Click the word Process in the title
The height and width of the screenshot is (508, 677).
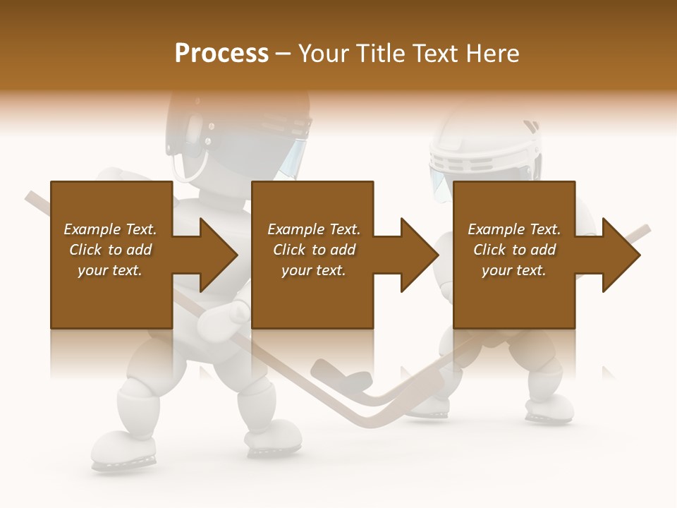[221, 54]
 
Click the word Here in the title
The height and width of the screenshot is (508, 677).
[492, 54]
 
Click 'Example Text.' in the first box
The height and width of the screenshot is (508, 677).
[110, 229]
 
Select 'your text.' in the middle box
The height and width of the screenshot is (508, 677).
[313, 270]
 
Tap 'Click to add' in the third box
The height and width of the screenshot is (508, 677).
[514, 250]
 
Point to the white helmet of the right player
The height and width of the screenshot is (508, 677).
[494, 145]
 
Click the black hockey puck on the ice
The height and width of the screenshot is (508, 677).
[356, 381]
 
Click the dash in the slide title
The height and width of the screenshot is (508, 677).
[283, 54]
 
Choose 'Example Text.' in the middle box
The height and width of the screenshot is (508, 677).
[313, 229]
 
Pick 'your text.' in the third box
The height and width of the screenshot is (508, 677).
[514, 270]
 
